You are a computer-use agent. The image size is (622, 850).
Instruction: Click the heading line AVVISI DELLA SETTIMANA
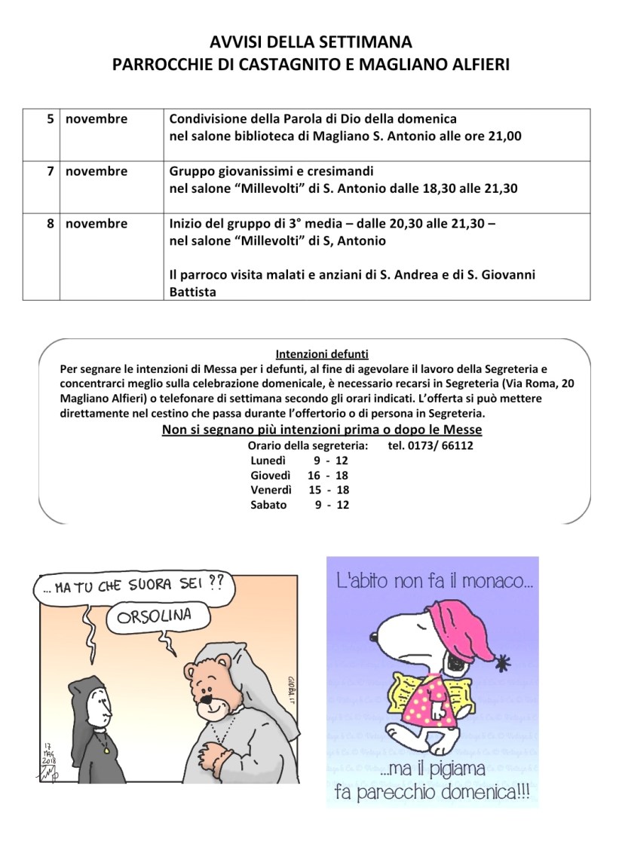pyautogui.click(x=311, y=41)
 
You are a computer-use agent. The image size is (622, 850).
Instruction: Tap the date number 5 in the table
pyautogui.click(x=51, y=119)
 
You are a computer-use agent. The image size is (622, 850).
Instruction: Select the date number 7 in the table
pyautogui.click(x=51, y=171)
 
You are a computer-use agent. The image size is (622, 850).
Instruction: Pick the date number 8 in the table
pyautogui.click(x=51, y=224)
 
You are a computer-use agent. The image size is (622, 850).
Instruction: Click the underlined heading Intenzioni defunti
pyautogui.click(x=311, y=353)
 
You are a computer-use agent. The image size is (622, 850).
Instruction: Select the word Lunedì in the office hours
pyautogui.click(x=268, y=460)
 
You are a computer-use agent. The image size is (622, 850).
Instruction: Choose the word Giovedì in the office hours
pyautogui.click(x=270, y=475)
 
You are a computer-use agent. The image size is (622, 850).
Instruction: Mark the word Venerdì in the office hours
pyautogui.click(x=271, y=490)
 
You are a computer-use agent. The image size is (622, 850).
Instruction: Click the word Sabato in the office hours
pyautogui.click(x=268, y=505)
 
